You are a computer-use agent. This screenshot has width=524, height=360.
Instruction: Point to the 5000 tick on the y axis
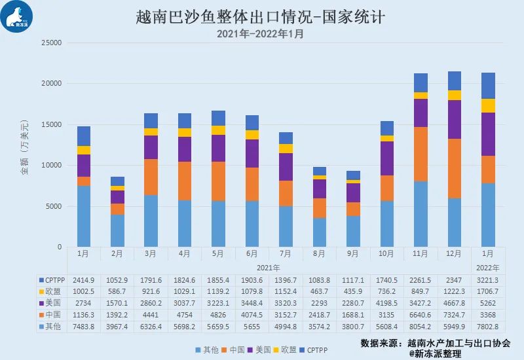[x=53, y=206]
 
